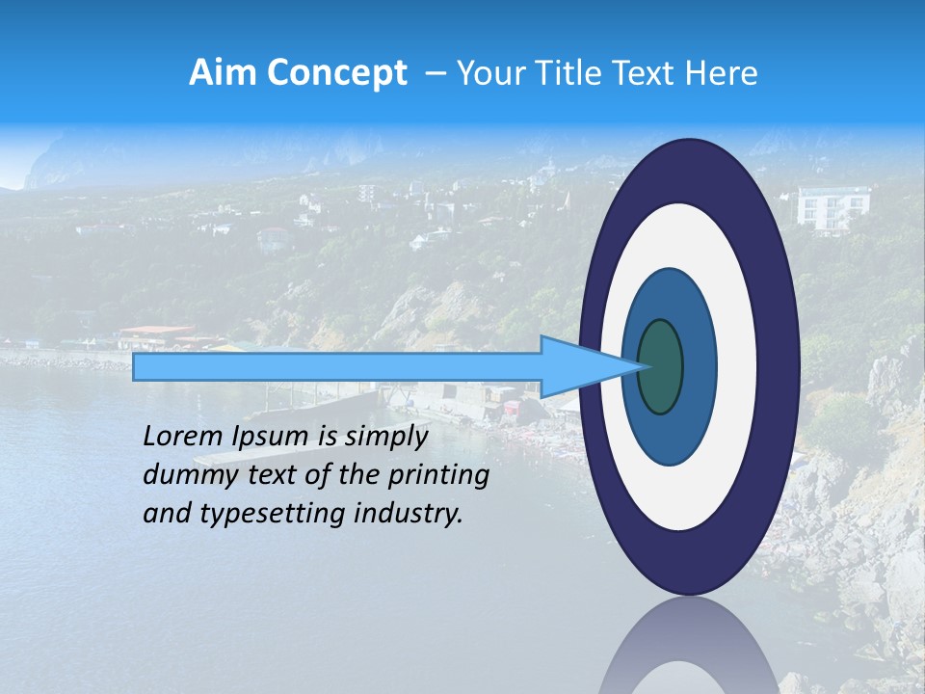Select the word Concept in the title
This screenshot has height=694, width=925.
coord(336,73)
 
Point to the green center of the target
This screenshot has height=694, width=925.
coord(660,367)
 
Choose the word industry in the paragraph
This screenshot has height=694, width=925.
coord(410,515)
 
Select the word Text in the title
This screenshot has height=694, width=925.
coord(648,73)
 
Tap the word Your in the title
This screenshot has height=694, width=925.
coord(490,73)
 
